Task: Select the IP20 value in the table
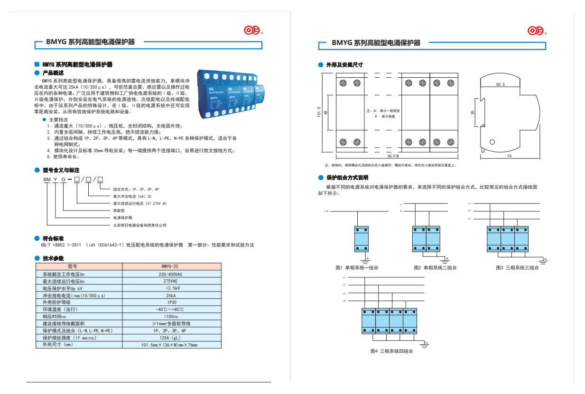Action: point(172,302)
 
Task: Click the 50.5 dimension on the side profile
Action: point(500,84)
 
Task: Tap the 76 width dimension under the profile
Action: point(509,156)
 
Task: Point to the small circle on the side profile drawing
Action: point(492,142)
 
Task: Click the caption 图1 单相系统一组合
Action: point(357,268)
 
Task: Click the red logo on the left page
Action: point(252,31)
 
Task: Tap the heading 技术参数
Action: point(53,258)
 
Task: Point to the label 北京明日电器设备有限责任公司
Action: point(139,225)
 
